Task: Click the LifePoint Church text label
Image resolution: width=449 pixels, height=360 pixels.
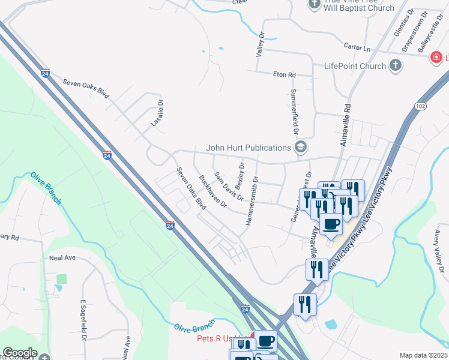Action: (x=355, y=66)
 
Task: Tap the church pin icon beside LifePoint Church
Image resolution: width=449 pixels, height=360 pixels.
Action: (x=395, y=65)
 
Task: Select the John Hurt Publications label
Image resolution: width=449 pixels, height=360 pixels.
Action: (x=248, y=148)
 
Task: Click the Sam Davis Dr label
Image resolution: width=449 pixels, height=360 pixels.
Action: (x=228, y=186)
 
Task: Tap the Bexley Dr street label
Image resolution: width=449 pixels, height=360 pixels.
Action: (x=240, y=174)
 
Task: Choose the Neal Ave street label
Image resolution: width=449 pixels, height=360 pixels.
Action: (x=62, y=257)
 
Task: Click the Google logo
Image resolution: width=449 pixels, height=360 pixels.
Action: (x=20, y=353)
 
